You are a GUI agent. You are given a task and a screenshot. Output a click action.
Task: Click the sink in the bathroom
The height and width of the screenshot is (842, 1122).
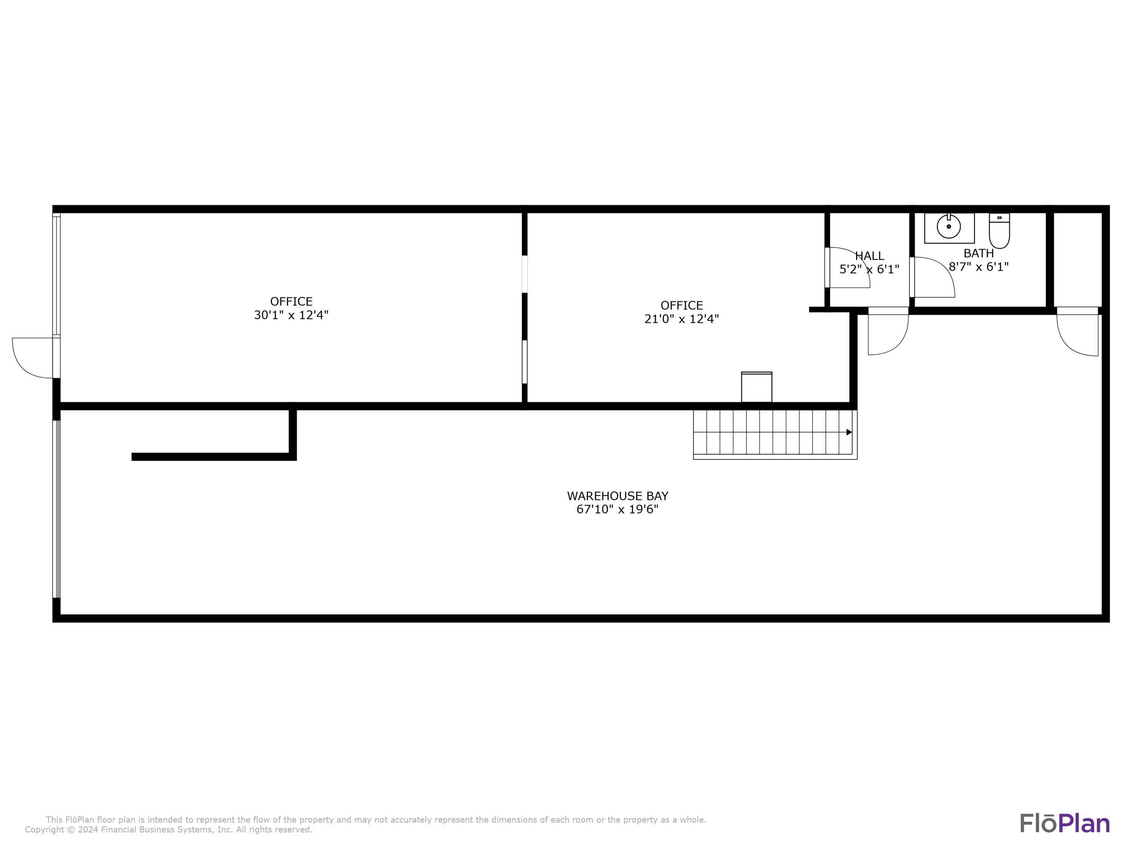click(x=949, y=228)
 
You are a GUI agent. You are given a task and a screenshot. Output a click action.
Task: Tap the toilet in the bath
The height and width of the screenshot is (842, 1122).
click(x=999, y=231)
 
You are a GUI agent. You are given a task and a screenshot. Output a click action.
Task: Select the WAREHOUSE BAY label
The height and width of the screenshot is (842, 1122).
click(x=617, y=496)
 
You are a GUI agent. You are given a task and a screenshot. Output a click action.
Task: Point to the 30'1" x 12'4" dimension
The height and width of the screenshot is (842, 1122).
click(x=291, y=315)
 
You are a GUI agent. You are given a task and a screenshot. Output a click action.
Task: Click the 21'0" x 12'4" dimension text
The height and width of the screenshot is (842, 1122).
click(x=682, y=319)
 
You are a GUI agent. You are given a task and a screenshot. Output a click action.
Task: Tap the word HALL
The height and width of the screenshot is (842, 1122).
click(x=870, y=256)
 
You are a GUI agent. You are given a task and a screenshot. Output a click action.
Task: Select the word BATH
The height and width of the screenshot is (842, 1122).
click(x=978, y=253)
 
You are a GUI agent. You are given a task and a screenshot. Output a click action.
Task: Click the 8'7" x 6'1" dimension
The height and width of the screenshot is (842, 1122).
click(x=978, y=267)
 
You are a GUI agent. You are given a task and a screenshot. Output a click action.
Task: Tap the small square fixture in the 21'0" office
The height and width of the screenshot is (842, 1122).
click(x=757, y=387)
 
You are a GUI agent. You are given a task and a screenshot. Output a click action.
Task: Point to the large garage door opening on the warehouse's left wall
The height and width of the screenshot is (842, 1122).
click(x=56, y=509)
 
